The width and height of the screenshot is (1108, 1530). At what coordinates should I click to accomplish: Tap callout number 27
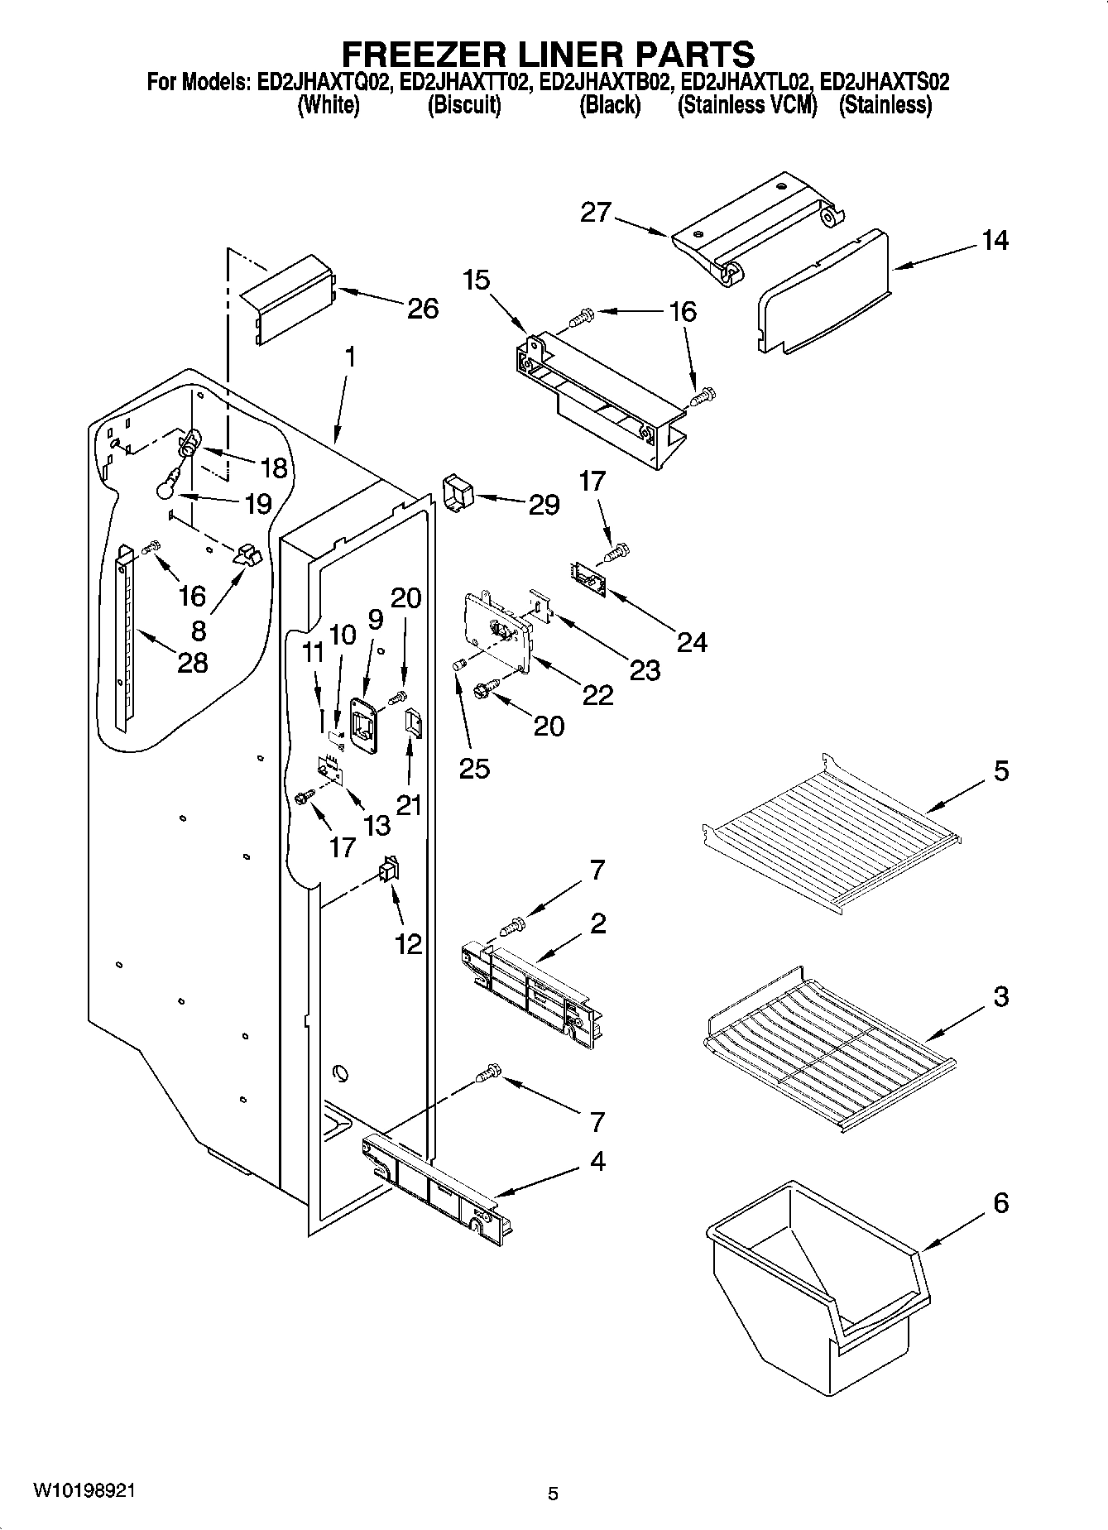(x=595, y=213)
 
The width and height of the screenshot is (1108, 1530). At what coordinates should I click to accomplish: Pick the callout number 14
(x=995, y=241)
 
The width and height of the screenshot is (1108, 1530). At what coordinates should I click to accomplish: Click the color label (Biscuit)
(x=463, y=106)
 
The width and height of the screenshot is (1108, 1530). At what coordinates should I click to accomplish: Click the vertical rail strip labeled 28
(x=123, y=637)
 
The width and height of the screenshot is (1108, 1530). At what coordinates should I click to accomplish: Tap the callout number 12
(x=409, y=943)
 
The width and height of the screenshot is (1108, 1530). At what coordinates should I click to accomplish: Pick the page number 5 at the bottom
(x=553, y=1493)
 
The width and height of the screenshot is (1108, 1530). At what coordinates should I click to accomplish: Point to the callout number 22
(x=597, y=695)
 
